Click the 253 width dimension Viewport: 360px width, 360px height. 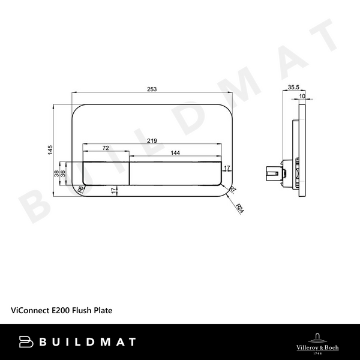coord(152,89)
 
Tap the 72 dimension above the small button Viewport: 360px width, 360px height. coord(106,147)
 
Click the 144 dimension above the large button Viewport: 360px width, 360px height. coord(175,153)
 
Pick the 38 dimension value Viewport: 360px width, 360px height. coord(57,173)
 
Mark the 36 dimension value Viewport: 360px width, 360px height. coord(63,173)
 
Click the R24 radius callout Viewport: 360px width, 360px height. coord(240,209)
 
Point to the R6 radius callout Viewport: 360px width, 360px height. coord(80,191)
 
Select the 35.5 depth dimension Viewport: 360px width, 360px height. coord(293,88)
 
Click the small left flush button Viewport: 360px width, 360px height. coord(106,173)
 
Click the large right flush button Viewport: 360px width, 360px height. coord(175,173)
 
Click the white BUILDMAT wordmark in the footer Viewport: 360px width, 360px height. coord(78,342)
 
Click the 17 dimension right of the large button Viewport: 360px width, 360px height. coord(227,168)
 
